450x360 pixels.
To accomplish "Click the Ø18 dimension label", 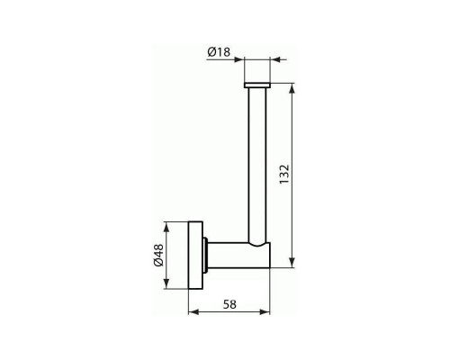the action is (219, 52).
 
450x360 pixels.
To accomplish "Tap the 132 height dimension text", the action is (283, 175).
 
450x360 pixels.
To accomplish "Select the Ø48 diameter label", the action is (158, 256).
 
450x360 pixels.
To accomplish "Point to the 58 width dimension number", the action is (229, 304).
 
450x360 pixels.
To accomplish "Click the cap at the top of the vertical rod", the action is (257, 85).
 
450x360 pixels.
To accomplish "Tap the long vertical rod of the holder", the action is (257, 165).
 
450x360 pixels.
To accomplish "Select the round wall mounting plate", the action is (195, 256).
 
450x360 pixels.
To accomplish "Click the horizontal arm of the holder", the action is (239, 256).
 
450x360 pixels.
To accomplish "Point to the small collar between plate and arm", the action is (205, 256).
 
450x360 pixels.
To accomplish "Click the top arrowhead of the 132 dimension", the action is (292, 88).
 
